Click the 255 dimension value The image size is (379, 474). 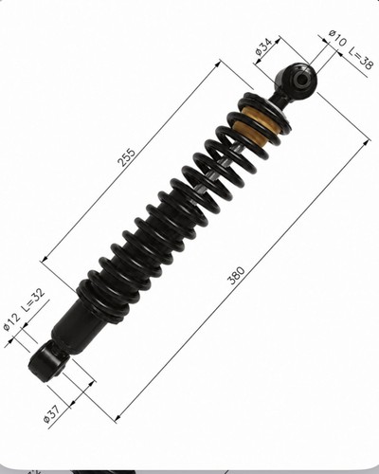click(126, 157)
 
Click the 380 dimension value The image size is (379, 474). click(236, 276)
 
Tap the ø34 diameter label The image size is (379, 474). click(263, 46)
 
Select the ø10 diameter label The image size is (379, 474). click(337, 38)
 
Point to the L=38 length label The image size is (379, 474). click(361, 58)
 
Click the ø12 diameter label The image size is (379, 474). click(11, 322)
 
